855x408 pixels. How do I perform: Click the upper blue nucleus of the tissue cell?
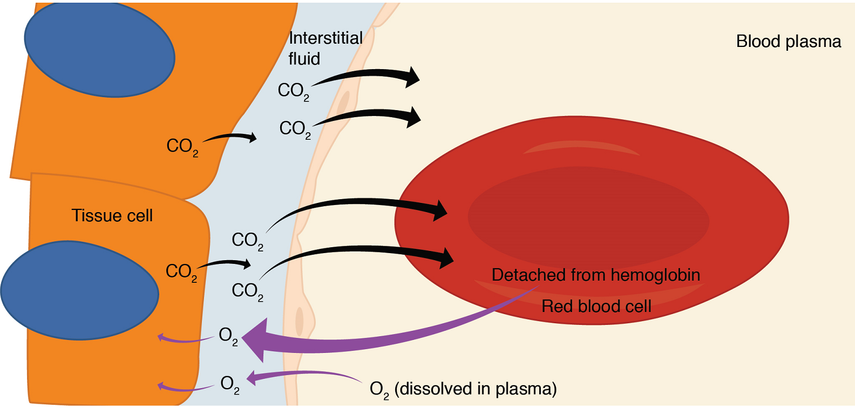coord(99,50)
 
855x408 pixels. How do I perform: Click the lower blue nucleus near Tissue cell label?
coord(80,290)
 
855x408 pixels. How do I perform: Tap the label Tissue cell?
coord(112,216)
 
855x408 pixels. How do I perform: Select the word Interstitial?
coord(325,38)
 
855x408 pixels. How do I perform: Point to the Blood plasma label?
coord(788,42)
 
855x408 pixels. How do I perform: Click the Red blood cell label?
coord(596,307)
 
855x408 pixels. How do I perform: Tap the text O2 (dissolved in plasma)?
coord(463,389)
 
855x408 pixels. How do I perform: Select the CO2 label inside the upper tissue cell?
coord(182,147)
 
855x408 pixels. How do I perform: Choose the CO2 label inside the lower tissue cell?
coord(181,272)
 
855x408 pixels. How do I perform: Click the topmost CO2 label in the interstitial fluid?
coord(293,91)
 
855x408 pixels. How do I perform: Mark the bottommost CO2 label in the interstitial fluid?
coord(247,291)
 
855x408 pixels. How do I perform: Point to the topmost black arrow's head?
coord(413,77)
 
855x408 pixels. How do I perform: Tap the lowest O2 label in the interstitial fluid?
coord(230,385)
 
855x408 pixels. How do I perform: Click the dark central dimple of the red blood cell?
coord(588,219)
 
